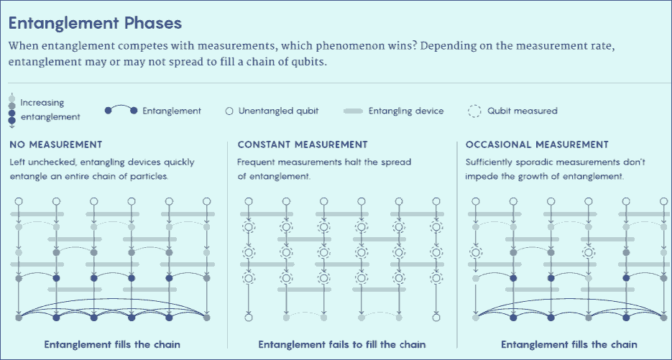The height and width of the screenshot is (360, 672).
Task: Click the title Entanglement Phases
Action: point(95,23)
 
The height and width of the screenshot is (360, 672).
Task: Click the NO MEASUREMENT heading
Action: point(56,144)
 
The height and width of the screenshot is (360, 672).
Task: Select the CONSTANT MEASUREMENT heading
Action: point(303,144)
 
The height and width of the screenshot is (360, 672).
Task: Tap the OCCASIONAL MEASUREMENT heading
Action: point(537,144)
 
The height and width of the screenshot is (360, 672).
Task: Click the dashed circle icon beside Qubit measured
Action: point(474,111)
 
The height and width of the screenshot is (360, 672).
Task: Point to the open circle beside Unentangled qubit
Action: point(229,111)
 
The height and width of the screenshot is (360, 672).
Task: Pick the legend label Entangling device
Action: point(406,111)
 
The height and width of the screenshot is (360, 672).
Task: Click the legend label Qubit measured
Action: point(523,111)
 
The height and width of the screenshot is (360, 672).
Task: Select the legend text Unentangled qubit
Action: point(279,111)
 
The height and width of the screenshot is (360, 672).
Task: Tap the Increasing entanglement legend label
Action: point(50,110)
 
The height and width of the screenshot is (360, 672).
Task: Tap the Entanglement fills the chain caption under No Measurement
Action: point(112,345)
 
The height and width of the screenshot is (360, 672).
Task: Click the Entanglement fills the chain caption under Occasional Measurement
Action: point(569,345)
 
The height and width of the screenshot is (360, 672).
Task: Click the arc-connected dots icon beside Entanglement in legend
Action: point(121,109)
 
